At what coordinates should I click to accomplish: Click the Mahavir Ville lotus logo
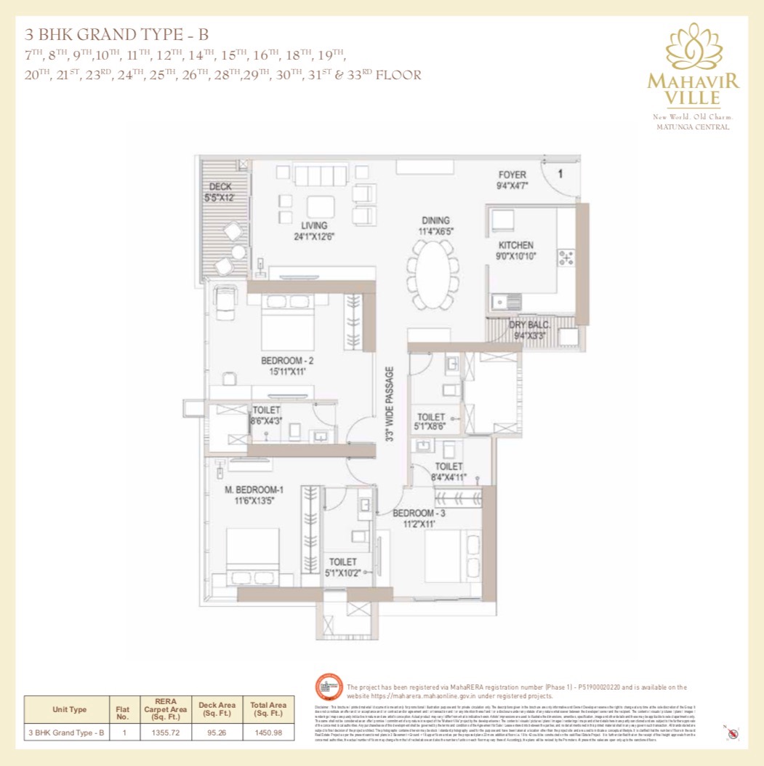(x=693, y=49)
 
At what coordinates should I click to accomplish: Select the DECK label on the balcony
(x=220, y=187)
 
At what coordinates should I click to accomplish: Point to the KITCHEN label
(x=516, y=246)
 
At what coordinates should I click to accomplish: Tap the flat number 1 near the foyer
(x=560, y=174)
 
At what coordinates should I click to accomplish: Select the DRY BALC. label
(x=528, y=324)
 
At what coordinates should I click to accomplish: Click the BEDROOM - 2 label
(x=288, y=360)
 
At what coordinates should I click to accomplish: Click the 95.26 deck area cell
(x=217, y=732)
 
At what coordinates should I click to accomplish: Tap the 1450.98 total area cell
(x=268, y=732)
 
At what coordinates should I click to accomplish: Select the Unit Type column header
(x=70, y=709)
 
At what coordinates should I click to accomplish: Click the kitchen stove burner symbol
(x=565, y=256)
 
